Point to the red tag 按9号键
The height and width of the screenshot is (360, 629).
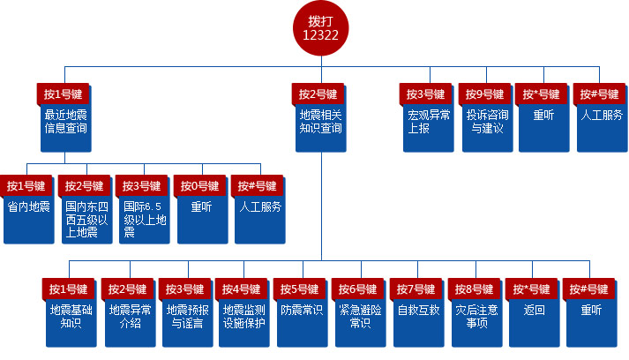click(484, 94)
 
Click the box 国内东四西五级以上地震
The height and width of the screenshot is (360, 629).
click(86, 221)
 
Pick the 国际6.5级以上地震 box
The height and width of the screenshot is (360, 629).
click(144, 221)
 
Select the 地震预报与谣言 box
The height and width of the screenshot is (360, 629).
click(187, 319)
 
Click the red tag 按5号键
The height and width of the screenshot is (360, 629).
click(299, 289)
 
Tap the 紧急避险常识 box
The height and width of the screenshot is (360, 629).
click(360, 319)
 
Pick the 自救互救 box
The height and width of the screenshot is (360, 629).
click(418, 319)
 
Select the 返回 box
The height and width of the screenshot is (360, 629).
click(533, 319)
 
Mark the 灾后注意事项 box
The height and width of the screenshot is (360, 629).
click(475, 319)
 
